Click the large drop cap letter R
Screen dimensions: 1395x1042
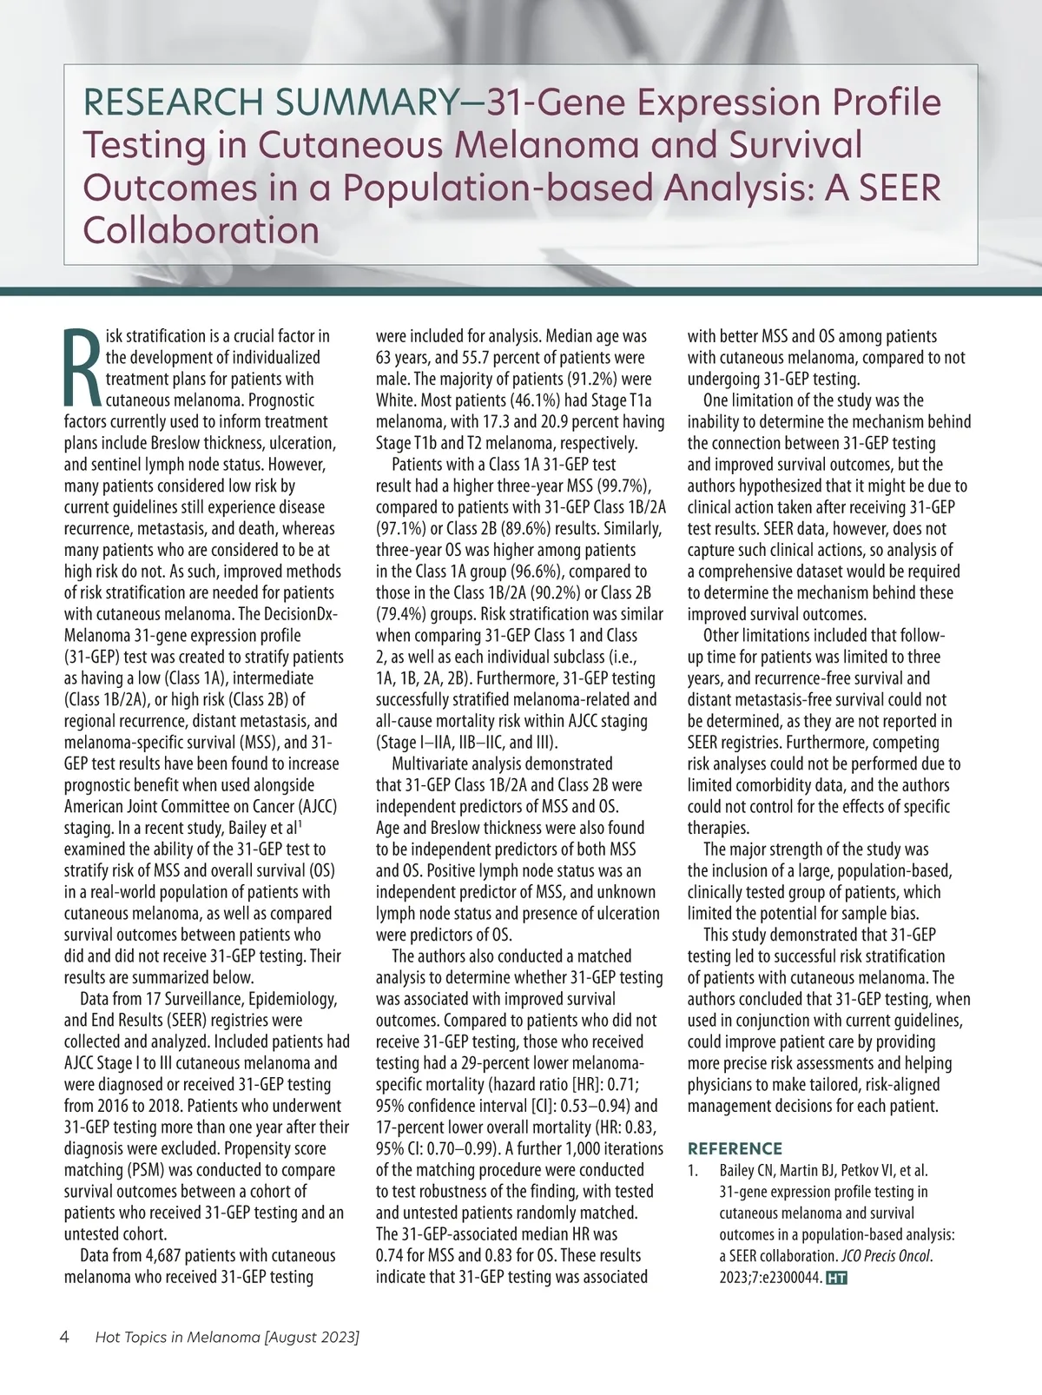click(83, 367)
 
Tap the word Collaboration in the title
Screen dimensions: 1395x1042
click(201, 230)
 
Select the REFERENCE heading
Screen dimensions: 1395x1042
click(735, 1148)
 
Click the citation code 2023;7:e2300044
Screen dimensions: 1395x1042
click(769, 1278)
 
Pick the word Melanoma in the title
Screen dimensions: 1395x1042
click(547, 146)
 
